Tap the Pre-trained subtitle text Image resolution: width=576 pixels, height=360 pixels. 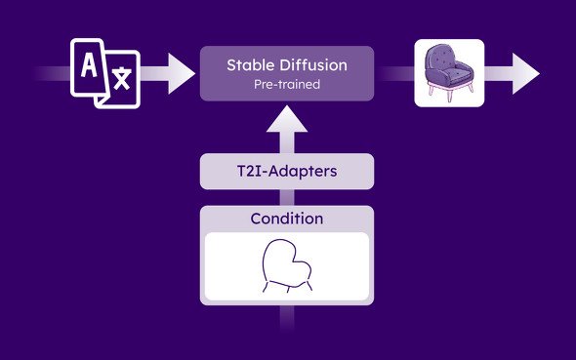(287, 85)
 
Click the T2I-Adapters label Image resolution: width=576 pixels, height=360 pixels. (287, 172)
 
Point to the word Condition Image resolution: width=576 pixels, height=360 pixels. (287, 219)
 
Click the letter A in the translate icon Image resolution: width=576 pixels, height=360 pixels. (89, 65)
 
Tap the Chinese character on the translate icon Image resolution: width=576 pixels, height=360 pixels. (122, 78)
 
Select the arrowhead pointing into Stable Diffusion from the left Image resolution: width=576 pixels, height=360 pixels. (182, 74)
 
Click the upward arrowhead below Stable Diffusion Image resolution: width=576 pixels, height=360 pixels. (287, 119)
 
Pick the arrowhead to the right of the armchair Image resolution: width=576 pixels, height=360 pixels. (525, 74)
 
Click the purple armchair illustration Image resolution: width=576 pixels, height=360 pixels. (449, 72)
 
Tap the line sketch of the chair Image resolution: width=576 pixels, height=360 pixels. (287, 266)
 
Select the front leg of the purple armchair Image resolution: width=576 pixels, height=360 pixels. (450, 95)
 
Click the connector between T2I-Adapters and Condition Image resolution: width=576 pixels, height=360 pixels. (287, 197)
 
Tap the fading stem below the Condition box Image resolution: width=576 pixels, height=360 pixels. (287, 318)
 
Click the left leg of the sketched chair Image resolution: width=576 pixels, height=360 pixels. (266, 287)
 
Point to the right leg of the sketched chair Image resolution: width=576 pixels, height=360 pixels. (309, 286)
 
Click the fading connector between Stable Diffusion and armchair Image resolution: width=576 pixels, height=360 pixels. (394, 74)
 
